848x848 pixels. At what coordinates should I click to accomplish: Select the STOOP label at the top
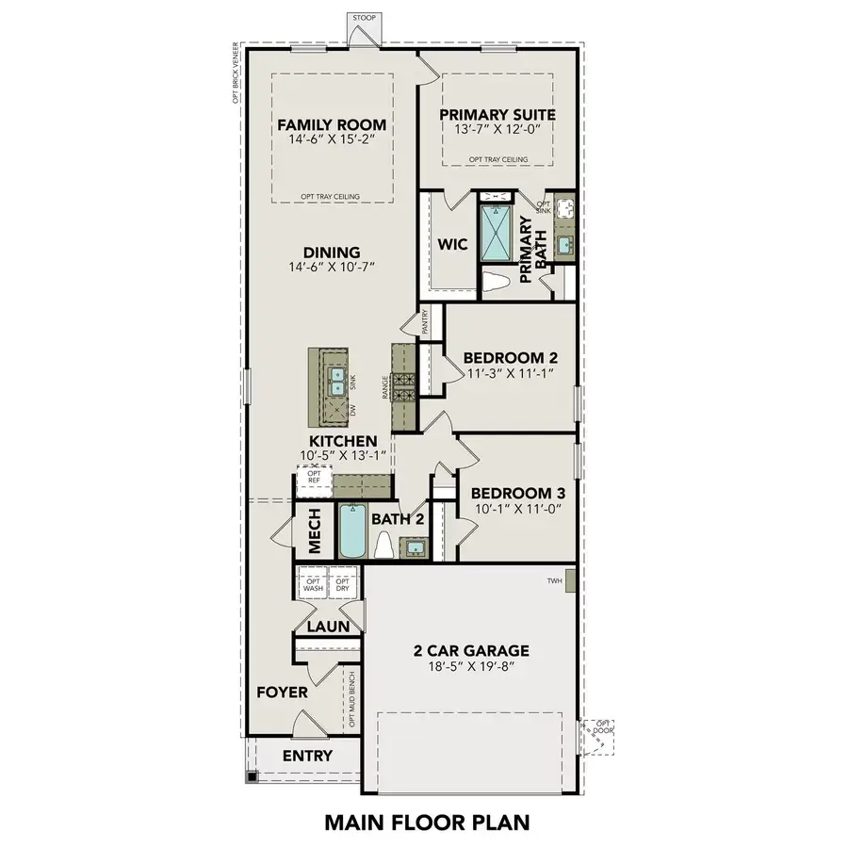[363, 18]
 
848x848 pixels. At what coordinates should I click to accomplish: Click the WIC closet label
[452, 244]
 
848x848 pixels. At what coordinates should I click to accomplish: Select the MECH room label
[315, 533]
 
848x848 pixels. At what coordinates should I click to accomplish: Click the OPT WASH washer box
[312, 584]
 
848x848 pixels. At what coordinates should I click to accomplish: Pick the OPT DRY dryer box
[343, 584]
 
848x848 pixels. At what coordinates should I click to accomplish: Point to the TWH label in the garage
[554, 581]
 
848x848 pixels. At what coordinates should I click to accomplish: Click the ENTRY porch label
[307, 756]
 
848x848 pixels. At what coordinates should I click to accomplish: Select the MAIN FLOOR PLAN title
[423, 822]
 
